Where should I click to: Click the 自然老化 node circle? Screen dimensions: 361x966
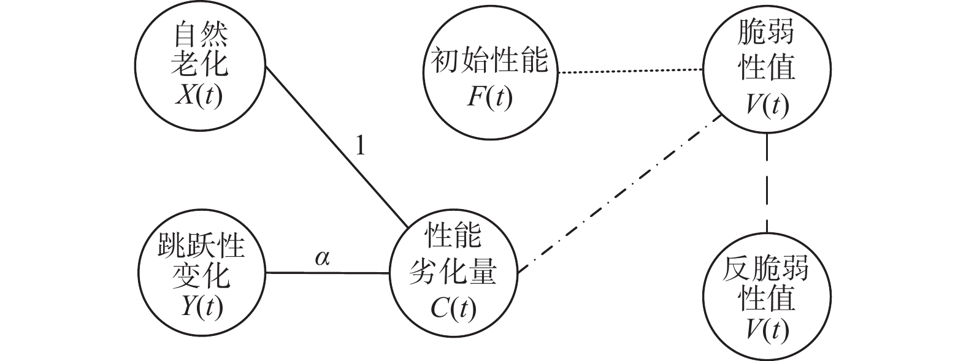pyautogui.click(x=200, y=67)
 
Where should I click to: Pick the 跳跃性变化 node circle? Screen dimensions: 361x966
pyautogui.click(x=200, y=273)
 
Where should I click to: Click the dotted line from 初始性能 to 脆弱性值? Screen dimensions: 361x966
pyautogui.click(x=629, y=72)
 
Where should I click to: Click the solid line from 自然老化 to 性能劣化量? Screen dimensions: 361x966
pyautogui.click(x=337, y=148)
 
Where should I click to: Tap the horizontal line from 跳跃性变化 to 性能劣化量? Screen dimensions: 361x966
pyautogui.click(x=326, y=273)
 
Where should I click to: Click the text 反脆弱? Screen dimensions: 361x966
pyautogui.click(x=767, y=270)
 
